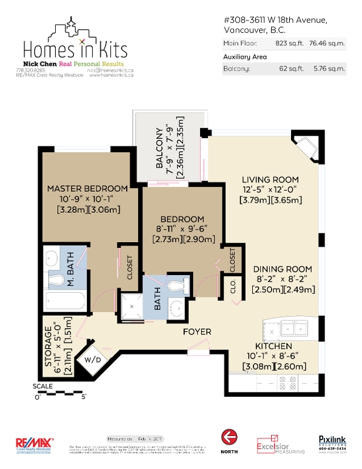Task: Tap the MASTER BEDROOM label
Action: [x=87, y=189]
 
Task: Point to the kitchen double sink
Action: [x=292, y=328]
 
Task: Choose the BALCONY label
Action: [x=159, y=148]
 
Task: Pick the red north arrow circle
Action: [x=229, y=438]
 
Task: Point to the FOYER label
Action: [x=197, y=332]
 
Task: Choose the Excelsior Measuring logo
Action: [x=280, y=444]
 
